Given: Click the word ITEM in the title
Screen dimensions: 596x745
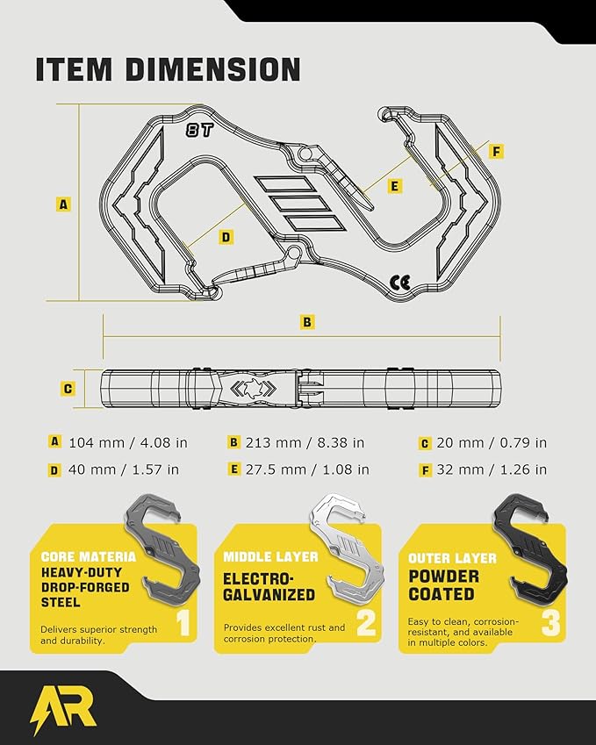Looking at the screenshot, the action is [x=74, y=69].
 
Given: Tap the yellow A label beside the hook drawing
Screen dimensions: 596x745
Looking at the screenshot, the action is [x=63, y=204].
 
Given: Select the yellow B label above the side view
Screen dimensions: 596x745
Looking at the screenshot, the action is [x=307, y=322].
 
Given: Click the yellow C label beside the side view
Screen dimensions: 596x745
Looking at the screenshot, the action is [x=68, y=389].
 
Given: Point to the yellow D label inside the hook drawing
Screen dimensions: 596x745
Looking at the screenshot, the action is [x=226, y=237].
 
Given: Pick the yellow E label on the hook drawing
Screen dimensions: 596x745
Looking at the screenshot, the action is [x=394, y=186].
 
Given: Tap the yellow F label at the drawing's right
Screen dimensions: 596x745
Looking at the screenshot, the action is [x=496, y=152].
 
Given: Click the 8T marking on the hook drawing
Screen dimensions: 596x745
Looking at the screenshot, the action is [x=199, y=130].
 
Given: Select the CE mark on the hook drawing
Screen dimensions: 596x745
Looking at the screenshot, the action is [x=400, y=283].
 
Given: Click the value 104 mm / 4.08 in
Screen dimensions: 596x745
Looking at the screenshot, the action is [x=128, y=443].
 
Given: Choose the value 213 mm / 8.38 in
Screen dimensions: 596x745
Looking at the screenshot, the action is [x=305, y=443].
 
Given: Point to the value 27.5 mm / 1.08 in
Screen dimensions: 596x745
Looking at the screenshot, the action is [x=307, y=469].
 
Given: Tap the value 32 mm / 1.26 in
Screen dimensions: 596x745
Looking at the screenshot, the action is [x=492, y=469].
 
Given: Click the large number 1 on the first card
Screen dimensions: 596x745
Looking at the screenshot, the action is [x=183, y=622].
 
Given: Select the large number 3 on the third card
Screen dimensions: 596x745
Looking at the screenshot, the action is [x=551, y=622].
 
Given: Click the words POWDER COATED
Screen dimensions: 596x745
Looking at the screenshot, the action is [x=444, y=585].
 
